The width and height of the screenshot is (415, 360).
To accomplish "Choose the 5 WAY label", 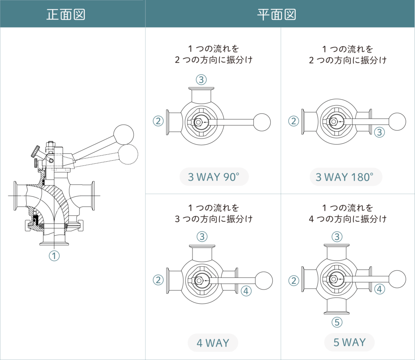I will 349,342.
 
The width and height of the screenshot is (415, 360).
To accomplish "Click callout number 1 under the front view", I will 54,256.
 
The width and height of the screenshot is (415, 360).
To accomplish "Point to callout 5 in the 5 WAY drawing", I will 337,322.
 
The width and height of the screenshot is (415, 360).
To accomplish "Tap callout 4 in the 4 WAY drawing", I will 246,290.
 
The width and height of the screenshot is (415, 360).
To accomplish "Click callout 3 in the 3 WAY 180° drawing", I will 379,132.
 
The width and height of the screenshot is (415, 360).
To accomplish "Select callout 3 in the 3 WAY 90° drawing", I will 201,79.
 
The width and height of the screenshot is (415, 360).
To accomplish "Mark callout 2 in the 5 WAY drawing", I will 293,280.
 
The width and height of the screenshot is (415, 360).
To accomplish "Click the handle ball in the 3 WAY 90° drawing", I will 262,121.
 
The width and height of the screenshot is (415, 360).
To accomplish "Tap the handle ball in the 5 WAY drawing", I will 397,279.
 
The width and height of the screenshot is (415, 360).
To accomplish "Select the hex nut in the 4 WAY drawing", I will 199,280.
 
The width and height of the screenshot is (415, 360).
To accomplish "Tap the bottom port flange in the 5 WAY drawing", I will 336,313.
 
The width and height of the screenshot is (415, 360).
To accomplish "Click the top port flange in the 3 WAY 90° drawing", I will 201,89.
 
